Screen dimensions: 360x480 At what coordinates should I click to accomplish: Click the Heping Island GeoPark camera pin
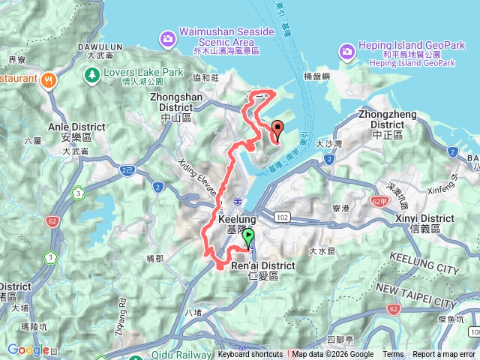click(x=346, y=51)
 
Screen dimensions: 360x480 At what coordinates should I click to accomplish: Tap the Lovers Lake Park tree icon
click(x=91, y=75)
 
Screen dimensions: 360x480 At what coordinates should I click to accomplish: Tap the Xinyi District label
click(x=424, y=223)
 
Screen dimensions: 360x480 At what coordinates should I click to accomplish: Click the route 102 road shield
click(x=282, y=217)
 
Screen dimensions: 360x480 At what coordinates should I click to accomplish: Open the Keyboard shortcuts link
click(x=250, y=355)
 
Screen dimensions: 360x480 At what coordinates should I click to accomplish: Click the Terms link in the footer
click(x=393, y=355)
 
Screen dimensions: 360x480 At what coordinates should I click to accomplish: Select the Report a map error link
click(x=445, y=355)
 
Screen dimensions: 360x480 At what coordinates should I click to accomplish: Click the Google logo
click(x=27, y=349)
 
